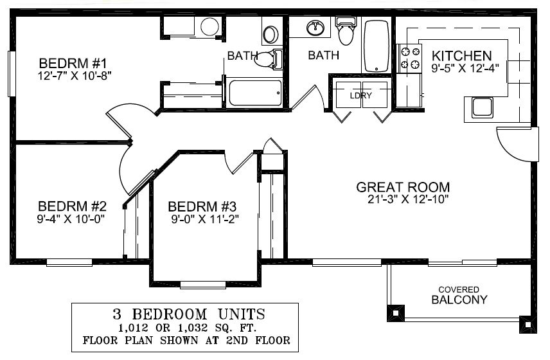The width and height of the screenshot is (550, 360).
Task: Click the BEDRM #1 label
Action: [x=71, y=64]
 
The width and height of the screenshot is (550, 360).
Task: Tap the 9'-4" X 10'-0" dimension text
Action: [x=71, y=218]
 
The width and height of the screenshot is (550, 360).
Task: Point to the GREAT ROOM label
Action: [x=403, y=187]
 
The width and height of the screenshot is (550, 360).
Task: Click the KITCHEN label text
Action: [x=461, y=56]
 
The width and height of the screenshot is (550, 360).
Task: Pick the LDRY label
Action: [x=360, y=96]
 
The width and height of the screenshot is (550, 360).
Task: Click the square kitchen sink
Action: [x=482, y=107]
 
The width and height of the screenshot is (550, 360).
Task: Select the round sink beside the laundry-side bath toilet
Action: [x=315, y=28]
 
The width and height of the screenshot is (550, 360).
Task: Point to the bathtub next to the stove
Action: [x=377, y=46]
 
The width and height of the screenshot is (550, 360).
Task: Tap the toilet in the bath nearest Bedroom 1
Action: [x=267, y=60]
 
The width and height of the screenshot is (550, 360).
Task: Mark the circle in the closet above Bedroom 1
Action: [x=209, y=27]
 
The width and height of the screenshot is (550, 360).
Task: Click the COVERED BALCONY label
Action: [x=458, y=295]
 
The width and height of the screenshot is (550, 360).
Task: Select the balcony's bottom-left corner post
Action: [x=394, y=312]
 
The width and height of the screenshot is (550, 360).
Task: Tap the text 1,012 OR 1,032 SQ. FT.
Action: [x=186, y=327]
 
